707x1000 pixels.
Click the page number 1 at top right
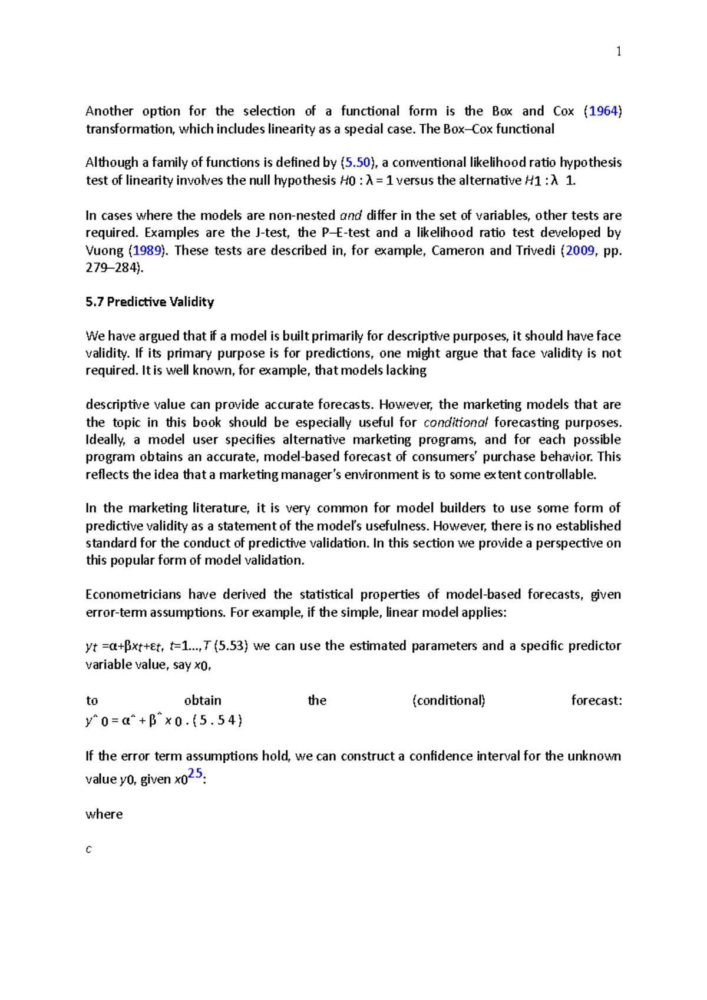point(619,52)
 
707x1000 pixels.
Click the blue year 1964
point(603,111)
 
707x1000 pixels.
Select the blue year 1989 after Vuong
point(147,250)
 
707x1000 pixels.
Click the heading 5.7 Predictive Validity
point(150,302)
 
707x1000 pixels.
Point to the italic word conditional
point(455,422)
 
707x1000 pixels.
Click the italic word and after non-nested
point(351,216)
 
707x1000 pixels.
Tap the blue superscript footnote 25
point(195,773)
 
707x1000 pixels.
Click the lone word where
point(104,814)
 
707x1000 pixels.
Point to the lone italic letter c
point(88,849)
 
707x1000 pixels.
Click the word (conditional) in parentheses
point(449,700)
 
